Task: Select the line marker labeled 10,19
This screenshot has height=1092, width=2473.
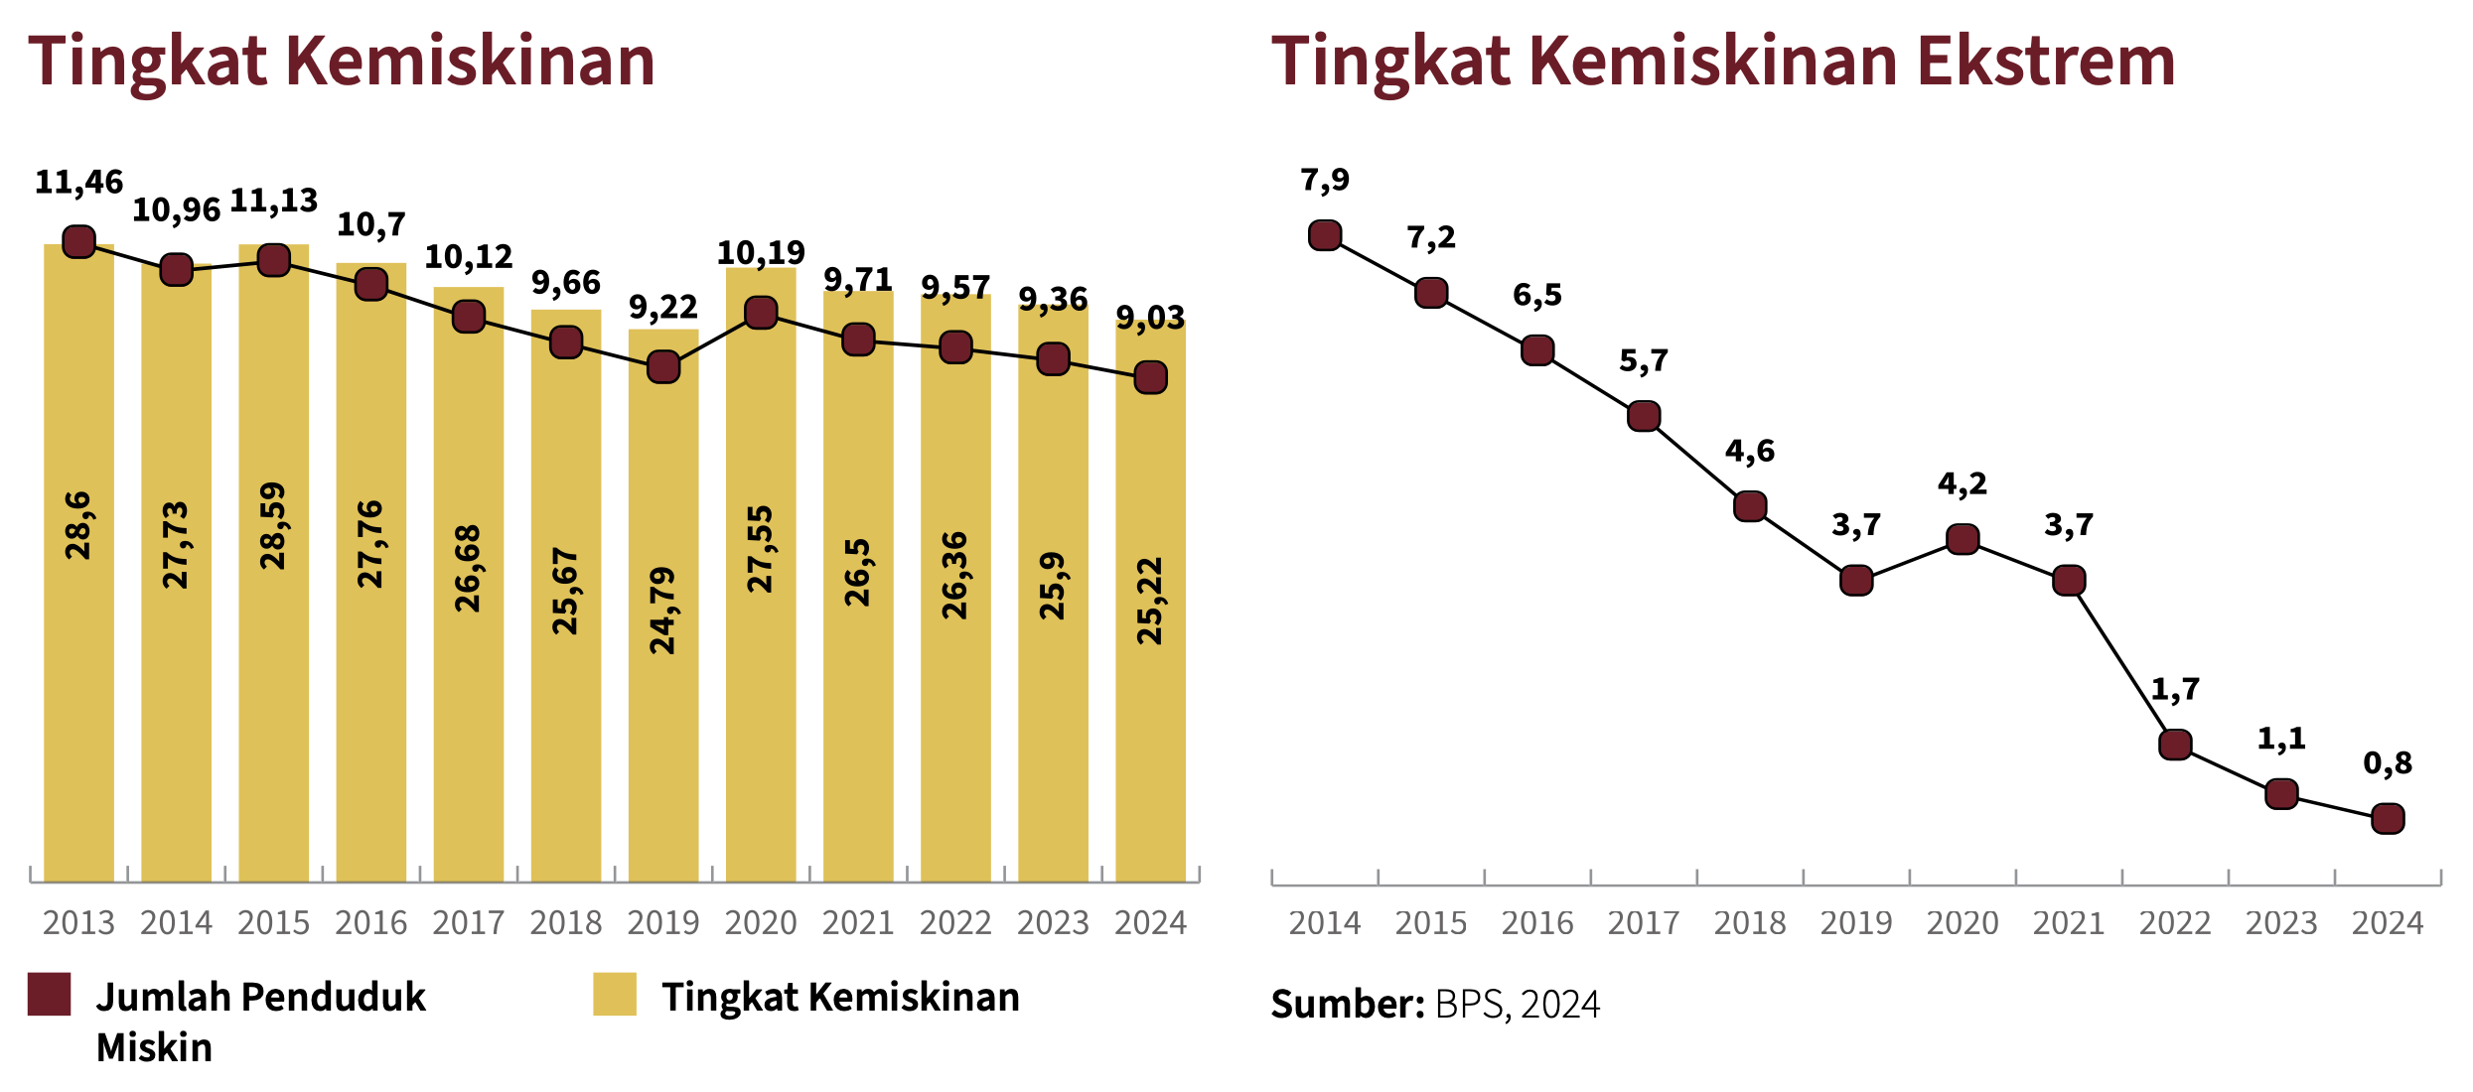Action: (761, 313)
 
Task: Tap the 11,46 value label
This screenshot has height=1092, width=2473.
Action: (78, 183)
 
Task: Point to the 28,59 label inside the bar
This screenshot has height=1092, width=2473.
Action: (273, 526)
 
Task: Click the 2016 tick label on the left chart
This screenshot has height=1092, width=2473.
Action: (370, 923)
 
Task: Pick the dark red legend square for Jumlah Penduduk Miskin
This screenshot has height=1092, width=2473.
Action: (49, 995)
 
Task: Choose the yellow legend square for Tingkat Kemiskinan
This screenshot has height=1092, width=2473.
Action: (614, 995)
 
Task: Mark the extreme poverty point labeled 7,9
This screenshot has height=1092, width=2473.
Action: (1325, 235)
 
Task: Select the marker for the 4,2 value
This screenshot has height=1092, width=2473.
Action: (1963, 539)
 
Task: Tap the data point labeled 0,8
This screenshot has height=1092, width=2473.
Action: (2388, 819)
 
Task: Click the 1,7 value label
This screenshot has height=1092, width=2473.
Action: (2175, 689)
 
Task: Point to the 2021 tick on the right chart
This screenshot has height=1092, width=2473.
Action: (2069, 923)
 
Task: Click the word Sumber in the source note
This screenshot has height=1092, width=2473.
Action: (1348, 1005)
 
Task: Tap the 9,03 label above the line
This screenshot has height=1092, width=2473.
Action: (1150, 318)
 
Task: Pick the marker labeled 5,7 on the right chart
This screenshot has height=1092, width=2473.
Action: (1644, 416)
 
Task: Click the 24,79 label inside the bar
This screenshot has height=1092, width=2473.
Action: (662, 611)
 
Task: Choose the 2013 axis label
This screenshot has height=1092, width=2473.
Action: (78, 923)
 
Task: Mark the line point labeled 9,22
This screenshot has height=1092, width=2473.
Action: (663, 367)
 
